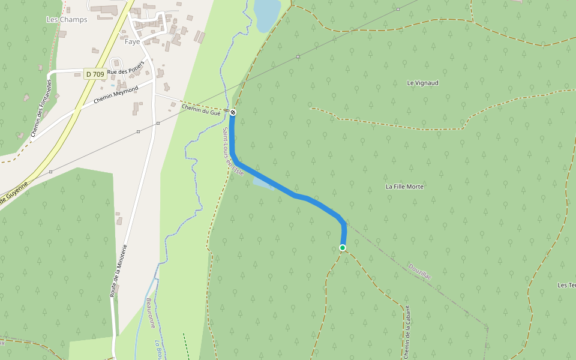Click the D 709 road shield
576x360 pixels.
point(95,74)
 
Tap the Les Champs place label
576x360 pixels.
point(67,20)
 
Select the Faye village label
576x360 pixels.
point(132,42)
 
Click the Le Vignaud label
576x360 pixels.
point(422,83)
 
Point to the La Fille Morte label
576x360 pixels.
point(404,187)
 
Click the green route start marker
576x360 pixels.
point(343,248)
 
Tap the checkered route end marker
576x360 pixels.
point(233,112)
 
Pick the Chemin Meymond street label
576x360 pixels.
point(116,94)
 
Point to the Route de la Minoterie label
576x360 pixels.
point(119,270)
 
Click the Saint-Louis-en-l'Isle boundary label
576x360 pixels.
point(233,152)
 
